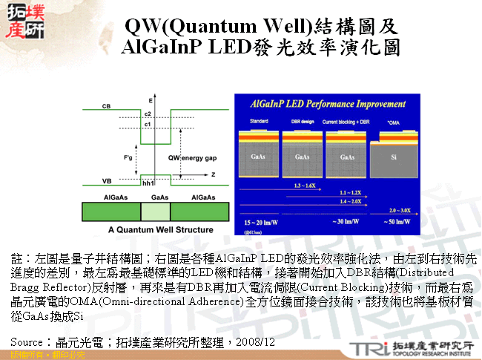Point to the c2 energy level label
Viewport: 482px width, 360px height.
(x=148, y=114)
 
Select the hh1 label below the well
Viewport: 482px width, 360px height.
(x=148, y=183)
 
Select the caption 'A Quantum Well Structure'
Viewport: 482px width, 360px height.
(x=151, y=231)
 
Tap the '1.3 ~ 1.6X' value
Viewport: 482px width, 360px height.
(x=306, y=183)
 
